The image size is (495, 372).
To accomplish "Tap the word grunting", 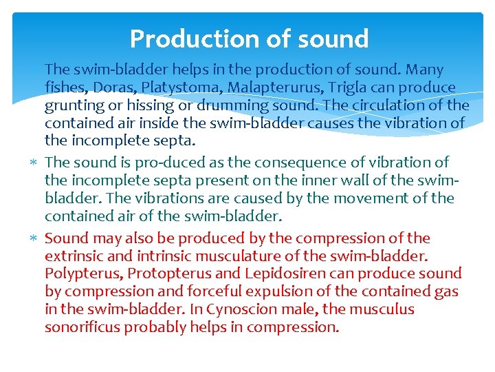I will (x=76, y=106).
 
